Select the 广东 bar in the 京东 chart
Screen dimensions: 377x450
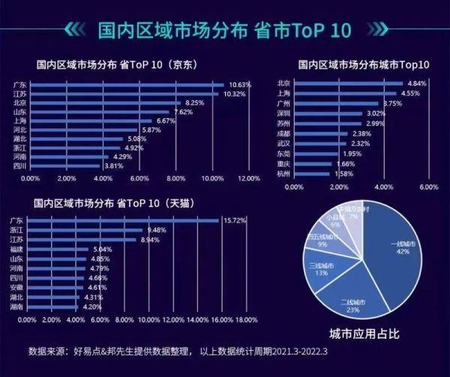127,84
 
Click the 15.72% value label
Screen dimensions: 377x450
232,220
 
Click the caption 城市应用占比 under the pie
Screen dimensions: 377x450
363,334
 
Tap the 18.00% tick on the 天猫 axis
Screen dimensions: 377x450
247,320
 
